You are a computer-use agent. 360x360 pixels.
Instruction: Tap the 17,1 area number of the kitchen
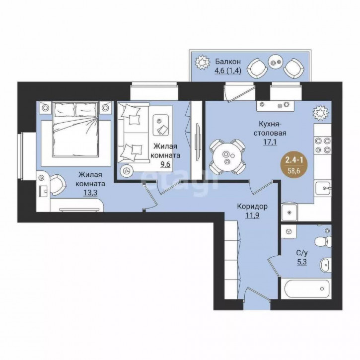click(270, 142)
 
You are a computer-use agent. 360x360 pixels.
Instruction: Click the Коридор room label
click(252, 207)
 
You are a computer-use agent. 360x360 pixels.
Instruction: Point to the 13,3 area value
click(90, 193)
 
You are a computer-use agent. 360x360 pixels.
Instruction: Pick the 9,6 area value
click(165, 164)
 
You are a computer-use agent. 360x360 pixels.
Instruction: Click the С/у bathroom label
click(302, 253)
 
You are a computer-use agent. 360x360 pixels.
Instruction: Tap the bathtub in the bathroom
click(306, 288)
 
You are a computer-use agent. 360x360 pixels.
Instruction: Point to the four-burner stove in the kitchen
click(323, 145)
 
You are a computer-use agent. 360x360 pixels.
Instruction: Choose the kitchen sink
click(323, 188)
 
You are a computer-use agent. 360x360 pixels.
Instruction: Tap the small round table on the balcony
click(276, 62)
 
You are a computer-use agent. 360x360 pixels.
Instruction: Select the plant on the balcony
click(203, 62)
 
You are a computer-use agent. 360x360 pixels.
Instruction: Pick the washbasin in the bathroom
click(326, 265)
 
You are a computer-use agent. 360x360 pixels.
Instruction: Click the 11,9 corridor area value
click(252, 216)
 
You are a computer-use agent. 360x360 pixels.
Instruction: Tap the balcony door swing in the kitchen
click(240, 93)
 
